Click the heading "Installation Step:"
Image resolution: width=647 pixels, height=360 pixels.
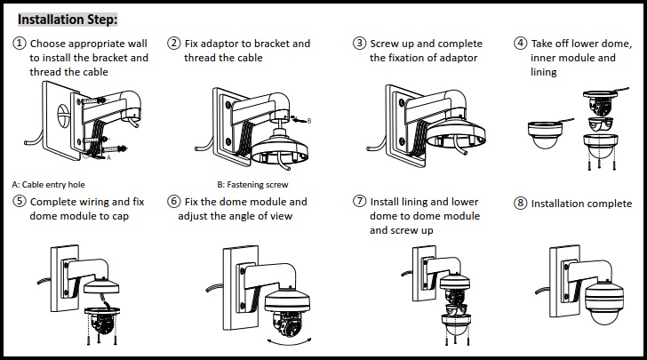tap(68, 19)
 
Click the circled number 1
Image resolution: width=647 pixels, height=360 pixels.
tap(20, 44)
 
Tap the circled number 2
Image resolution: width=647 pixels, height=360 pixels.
tap(174, 44)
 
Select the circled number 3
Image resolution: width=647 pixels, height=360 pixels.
tap(360, 44)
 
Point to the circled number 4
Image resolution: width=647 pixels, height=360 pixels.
tap(520, 44)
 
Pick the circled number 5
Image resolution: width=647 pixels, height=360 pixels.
tap(20, 202)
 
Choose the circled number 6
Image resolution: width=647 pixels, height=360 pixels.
tap(174, 202)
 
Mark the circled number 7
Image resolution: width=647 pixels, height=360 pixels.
tap(360, 202)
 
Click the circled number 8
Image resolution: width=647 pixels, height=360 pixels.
tap(520, 204)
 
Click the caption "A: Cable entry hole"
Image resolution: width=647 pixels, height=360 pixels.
tap(48, 184)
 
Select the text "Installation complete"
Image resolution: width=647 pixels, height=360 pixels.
tap(581, 204)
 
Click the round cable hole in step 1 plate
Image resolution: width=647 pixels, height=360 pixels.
tap(64, 116)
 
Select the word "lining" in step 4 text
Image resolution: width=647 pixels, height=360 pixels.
tap(544, 72)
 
